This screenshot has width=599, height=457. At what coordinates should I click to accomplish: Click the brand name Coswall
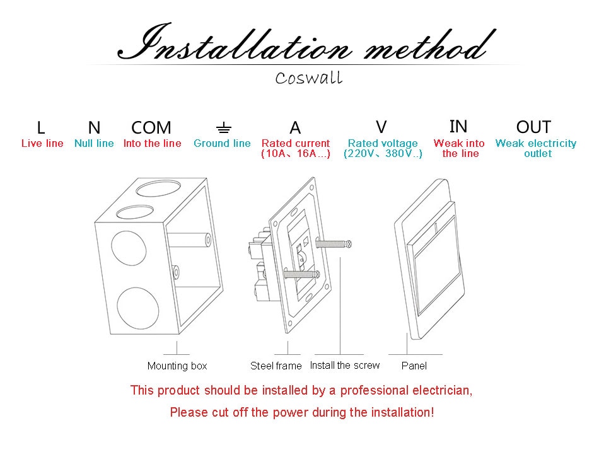coord(309,78)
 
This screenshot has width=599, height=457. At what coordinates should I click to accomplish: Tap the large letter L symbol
coord(41,128)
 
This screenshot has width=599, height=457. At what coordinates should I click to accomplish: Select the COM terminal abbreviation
coord(151,128)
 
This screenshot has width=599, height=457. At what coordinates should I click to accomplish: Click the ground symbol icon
coord(223,129)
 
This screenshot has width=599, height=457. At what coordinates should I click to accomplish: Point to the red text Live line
coord(42,144)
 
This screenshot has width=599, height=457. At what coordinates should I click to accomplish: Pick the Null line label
coord(94,144)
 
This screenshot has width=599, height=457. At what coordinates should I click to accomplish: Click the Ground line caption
coord(222,144)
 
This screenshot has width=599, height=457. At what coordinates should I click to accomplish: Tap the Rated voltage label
coord(383,144)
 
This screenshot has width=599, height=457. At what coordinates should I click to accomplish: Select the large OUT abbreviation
coord(533,127)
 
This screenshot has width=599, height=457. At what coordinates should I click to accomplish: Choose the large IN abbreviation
coord(458,127)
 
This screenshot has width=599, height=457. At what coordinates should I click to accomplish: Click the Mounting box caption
coord(177,366)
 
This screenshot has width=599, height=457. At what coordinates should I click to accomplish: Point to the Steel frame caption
coord(276,366)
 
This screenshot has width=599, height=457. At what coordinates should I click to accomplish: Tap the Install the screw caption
coord(345,365)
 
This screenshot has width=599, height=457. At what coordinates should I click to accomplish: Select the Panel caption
coord(414,366)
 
